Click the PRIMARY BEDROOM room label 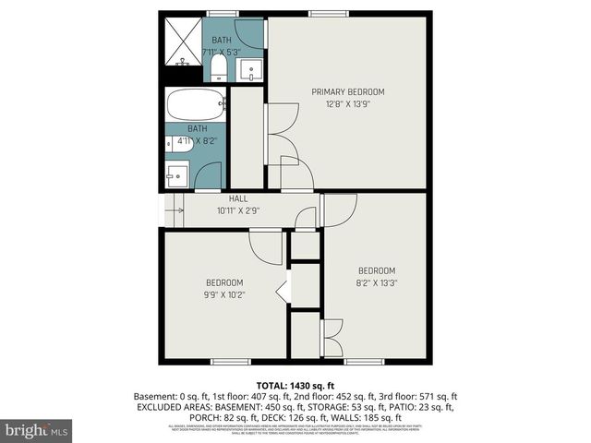tap(347, 91)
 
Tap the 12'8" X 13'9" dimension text tap(347, 104)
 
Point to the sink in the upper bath tap(249, 68)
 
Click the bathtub tap(196, 103)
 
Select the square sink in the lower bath tap(177, 174)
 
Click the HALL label tap(238, 198)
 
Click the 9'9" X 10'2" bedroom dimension tap(224, 295)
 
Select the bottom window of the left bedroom tap(231, 361)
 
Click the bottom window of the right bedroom tap(364, 361)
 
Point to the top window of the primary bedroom tap(323, 13)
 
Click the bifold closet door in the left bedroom tap(284, 289)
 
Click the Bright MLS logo tap(37, 430)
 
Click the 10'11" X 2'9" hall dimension tap(238, 210)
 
